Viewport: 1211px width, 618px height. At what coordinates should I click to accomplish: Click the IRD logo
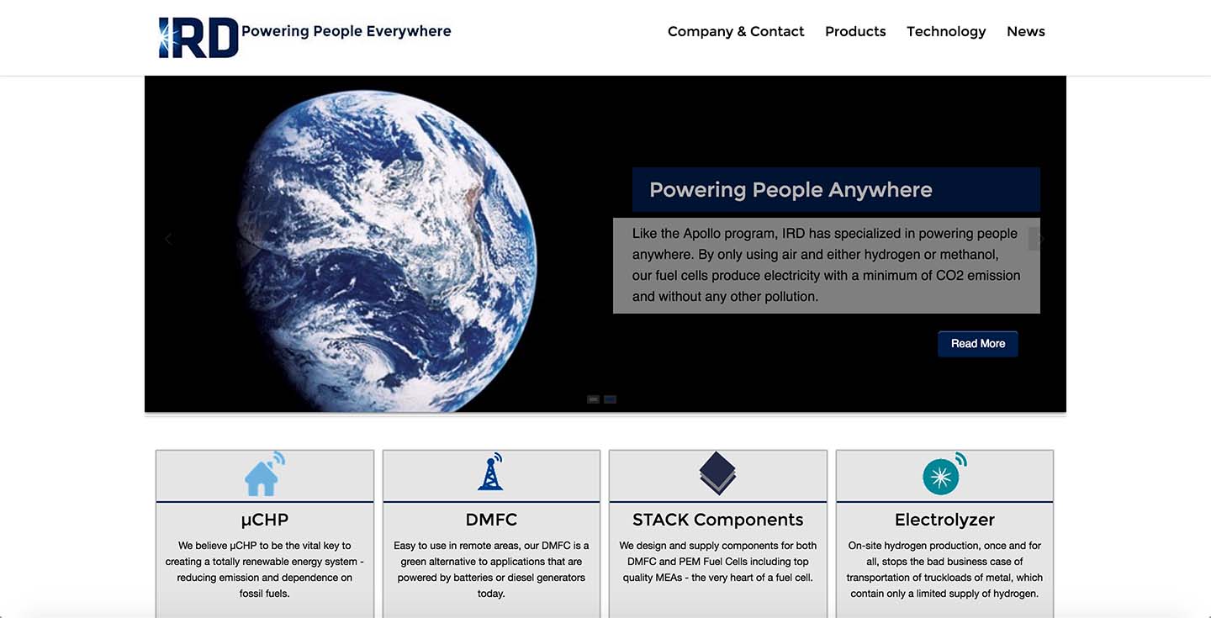(198, 37)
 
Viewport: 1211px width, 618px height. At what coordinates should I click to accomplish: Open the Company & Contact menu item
(736, 31)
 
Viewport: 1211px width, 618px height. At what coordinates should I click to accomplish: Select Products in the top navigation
(855, 31)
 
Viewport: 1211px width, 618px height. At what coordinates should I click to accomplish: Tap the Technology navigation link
(946, 32)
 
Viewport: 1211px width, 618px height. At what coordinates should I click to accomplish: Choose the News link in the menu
(1026, 31)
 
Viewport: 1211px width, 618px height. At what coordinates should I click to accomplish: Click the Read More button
(978, 344)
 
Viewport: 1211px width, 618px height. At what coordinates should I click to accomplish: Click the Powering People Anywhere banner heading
(791, 190)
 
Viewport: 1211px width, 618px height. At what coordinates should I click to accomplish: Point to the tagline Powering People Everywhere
(346, 31)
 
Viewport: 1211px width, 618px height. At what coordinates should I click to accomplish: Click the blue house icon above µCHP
(264, 473)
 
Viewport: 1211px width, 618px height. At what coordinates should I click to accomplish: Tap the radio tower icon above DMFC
(491, 472)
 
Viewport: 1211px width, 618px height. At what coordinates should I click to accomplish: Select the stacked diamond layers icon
(717, 473)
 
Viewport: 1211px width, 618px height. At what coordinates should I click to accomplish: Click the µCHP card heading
(264, 520)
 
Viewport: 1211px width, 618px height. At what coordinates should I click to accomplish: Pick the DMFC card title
(491, 520)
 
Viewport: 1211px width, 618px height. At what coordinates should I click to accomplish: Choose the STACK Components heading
(717, 520)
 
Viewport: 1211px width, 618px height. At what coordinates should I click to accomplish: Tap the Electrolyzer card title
(944, 520)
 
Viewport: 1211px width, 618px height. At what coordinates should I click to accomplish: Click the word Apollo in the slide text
(701, 234)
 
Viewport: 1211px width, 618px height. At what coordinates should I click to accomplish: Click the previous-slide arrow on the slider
(169, 239)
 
